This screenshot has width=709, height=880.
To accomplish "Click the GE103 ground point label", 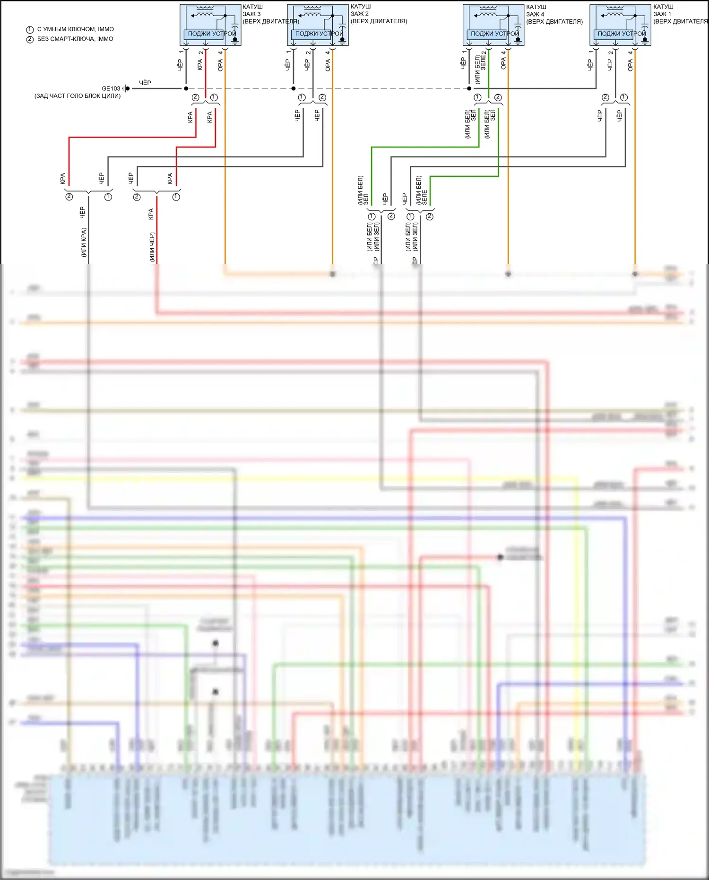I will (111, 88).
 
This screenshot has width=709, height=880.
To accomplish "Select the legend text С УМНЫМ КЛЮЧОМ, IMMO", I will (76, 29).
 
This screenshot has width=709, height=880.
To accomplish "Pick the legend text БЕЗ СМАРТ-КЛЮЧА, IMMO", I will (75, 39).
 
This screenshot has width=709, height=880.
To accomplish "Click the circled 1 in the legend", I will (30, 30).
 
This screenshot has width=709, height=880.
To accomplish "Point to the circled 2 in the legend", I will (30, 39).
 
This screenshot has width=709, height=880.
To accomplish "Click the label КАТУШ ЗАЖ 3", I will (252, 10).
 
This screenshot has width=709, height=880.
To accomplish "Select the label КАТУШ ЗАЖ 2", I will (360, 10).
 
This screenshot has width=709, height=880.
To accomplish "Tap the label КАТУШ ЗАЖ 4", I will (536, 10).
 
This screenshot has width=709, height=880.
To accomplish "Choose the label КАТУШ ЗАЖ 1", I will (663, 10).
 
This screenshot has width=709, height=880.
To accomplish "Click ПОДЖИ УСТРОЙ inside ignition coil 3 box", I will (211, 34).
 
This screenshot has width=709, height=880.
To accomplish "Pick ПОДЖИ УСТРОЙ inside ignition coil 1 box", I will (621, 34).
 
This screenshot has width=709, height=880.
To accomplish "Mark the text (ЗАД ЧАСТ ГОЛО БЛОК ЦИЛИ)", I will (78, 96).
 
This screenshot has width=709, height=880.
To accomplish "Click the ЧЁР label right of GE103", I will (145, 83).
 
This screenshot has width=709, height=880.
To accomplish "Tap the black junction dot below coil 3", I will (186, 88).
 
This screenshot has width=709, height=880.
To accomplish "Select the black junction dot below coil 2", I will (294, 88).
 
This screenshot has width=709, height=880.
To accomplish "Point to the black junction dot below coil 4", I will (469, 88).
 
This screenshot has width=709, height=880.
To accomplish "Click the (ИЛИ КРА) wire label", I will (84, 243).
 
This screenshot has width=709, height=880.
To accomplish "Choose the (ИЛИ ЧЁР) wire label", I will (152, 247).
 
